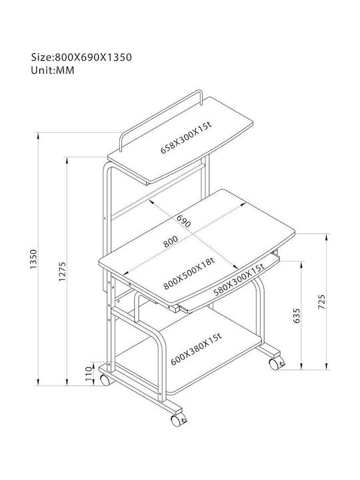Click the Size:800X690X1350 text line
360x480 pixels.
pos(81,57)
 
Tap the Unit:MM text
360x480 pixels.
pos(53,71)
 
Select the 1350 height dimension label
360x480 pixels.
pos(33,259)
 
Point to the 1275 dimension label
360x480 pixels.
pos(63,271)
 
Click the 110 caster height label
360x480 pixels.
pos(89,373)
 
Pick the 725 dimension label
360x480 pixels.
pos(321,301)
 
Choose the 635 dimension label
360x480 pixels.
pos(297,315)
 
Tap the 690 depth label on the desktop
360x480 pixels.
pos(184,221)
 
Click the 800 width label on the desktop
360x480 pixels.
pos(170,241)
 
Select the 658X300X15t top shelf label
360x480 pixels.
pos(186,137)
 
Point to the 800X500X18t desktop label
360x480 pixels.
pos(189,274)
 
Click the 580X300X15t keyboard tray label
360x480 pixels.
pos(239,280)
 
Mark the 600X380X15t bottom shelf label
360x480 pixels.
pos(196,349)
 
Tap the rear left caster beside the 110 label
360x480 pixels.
pos(105,380)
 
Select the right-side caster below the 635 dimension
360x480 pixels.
pos(275,364)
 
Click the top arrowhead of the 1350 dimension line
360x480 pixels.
pos(38,135)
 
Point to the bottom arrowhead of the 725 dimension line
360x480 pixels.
pos(327,367)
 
